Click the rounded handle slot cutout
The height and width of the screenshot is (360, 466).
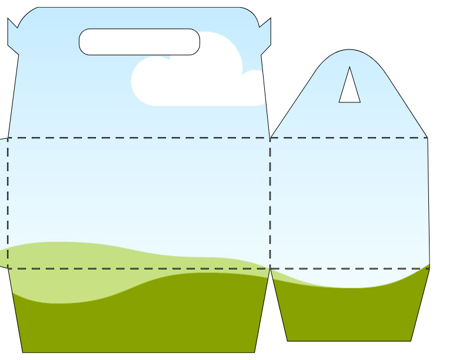[x=139, y=42]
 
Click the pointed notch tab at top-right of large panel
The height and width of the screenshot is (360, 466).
[x=265, y=33]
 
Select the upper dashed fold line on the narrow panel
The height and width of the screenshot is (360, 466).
[x=349, y=138]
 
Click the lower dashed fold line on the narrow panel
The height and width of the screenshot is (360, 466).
[x=349, y=269]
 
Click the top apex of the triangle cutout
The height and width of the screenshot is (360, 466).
[x=349, y=66]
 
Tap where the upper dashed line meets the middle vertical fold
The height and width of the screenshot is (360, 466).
[x=270, y=138]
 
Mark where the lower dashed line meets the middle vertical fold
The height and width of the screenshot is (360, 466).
[x=270, y=269]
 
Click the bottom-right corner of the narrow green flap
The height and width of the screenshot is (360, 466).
[x=411, y=341]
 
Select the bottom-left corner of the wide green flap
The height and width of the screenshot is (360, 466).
[x=23, y=352]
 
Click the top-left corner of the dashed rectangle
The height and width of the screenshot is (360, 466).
[x=8, y=138]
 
